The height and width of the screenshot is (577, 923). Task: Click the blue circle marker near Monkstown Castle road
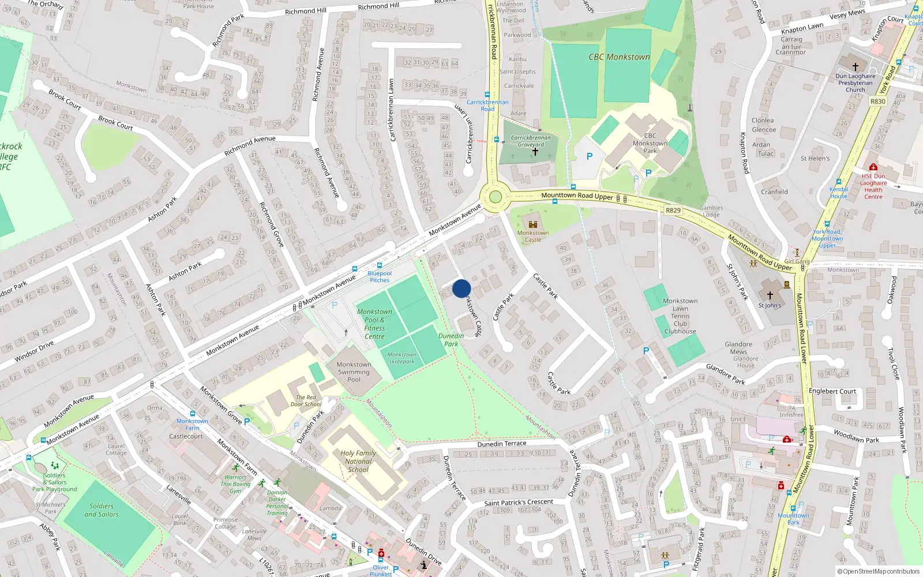[x=461, y=288]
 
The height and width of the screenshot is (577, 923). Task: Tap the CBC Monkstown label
[x=619, y=57]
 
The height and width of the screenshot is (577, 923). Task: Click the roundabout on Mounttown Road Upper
[x=495, y=197]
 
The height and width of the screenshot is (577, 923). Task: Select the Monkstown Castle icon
[x=532, y=224]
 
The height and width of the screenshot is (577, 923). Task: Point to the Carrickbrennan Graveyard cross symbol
[x=535, y=152]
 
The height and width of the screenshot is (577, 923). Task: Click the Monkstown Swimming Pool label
[x=354, y=372]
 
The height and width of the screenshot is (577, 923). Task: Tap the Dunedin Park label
[x=451, y=340]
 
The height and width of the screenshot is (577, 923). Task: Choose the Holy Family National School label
[x=358, y=461]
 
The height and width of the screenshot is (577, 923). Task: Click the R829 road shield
[x=673, y=211]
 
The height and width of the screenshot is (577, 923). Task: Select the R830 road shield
[x=877, y=102]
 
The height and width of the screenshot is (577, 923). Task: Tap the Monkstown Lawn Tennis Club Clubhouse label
[x=680, y=316]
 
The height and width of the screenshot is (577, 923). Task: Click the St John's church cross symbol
[x=770, y=295]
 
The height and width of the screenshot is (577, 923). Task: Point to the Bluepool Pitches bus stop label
[x=380, y=277]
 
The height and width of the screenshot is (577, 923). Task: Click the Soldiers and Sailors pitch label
[x=102, y=510]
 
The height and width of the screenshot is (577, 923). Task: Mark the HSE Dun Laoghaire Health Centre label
[x=873, y=186]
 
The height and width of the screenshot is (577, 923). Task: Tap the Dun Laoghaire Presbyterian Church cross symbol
[x=856, y=67]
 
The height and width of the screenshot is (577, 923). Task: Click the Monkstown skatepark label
[x=402, y=358]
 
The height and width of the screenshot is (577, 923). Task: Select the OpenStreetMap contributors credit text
[x=878, y=571]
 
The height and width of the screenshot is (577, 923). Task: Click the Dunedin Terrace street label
[x=502, y=444]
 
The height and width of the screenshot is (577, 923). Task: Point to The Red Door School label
[x=306, y=400]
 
